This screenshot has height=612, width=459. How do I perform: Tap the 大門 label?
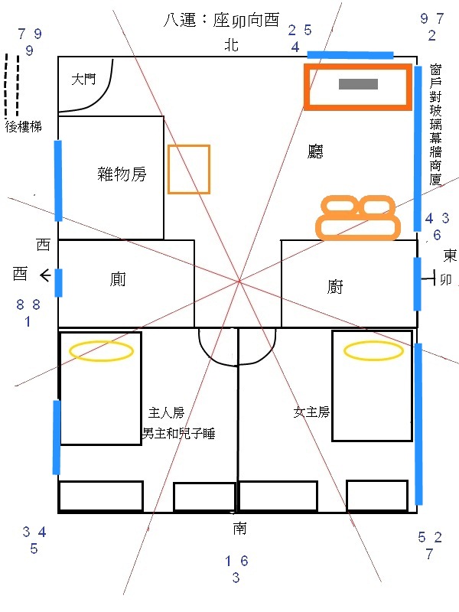click(x=83, y=79)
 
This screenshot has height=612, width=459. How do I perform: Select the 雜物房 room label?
click(x=122, y=174)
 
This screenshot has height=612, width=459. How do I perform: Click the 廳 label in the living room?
click(x=314, y=152)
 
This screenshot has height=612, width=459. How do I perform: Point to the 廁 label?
click(x=118, y=281)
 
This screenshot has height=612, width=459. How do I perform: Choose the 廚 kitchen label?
click(x=335, y=288)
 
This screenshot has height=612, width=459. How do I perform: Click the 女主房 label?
click(x=311, y=412)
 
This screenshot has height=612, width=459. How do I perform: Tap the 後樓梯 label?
click(x=22, y=126)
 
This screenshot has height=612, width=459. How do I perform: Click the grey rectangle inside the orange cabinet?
click(x=358, y=84)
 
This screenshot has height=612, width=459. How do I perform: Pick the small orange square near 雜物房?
click(x=189, y=169)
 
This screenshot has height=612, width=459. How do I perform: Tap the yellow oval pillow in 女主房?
click(x=373, y=351)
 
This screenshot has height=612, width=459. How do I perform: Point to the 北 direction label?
click(x=231, y=46)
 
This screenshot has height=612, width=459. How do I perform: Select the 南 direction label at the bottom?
click(x=239, y=529)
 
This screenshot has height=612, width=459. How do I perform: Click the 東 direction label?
click(x=451, y=255)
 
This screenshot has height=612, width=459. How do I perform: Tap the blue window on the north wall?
click(x=350, y=55)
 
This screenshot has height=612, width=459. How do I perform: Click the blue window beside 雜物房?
click(x=58, y=181)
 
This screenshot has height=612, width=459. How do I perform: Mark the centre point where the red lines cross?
click(x=239, y=282)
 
